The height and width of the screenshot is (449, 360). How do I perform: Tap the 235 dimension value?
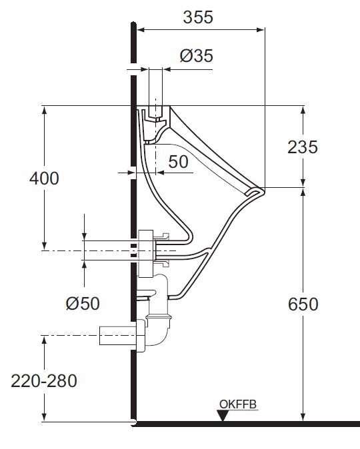303,148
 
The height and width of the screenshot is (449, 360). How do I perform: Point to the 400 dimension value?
44,179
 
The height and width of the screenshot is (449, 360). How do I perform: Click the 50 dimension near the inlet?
178,162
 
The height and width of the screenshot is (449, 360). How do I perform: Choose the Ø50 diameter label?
83,303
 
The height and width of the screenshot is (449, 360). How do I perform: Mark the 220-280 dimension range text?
44,381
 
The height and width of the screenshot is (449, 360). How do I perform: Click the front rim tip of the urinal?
257,191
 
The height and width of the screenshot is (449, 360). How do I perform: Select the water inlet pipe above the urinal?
155,87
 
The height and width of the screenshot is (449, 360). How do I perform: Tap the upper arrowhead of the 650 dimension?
303,193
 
